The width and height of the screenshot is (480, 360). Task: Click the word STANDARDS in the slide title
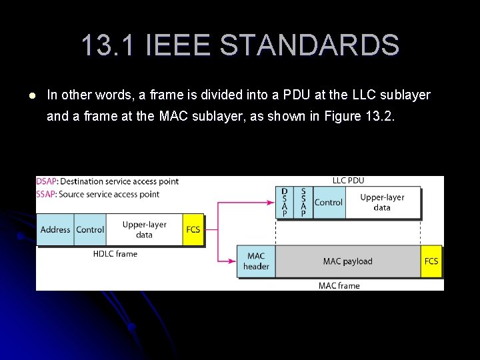click(309, 45)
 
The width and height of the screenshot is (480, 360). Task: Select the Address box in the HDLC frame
click(55, 229)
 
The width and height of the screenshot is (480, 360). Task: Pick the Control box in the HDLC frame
click(90, 229)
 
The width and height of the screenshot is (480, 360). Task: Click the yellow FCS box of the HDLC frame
click(193, 229)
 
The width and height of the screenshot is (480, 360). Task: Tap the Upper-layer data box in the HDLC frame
click(144, 229)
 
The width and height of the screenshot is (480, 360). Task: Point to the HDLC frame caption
click(115, 254)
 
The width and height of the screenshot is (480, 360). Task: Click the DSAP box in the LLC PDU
click(285, 202)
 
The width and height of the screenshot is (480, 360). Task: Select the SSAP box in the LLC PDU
click(303, 202)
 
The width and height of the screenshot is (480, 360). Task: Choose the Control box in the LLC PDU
click(328, 202)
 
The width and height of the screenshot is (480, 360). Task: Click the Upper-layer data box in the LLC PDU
click(382, 202)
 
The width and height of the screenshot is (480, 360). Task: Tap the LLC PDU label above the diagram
click(348, 181)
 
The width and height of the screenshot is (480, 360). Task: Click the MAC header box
click(256, 261)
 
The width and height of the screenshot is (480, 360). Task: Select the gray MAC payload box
click(347, 261)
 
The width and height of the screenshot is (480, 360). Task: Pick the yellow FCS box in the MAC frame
click(431, 261)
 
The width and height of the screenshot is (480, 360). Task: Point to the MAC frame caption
click(339, 286)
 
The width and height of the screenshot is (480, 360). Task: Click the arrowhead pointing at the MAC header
click(233, 261)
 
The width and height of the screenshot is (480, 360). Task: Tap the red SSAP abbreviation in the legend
click(46, 194)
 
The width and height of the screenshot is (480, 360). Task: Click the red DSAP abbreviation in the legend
click(47, 181)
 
